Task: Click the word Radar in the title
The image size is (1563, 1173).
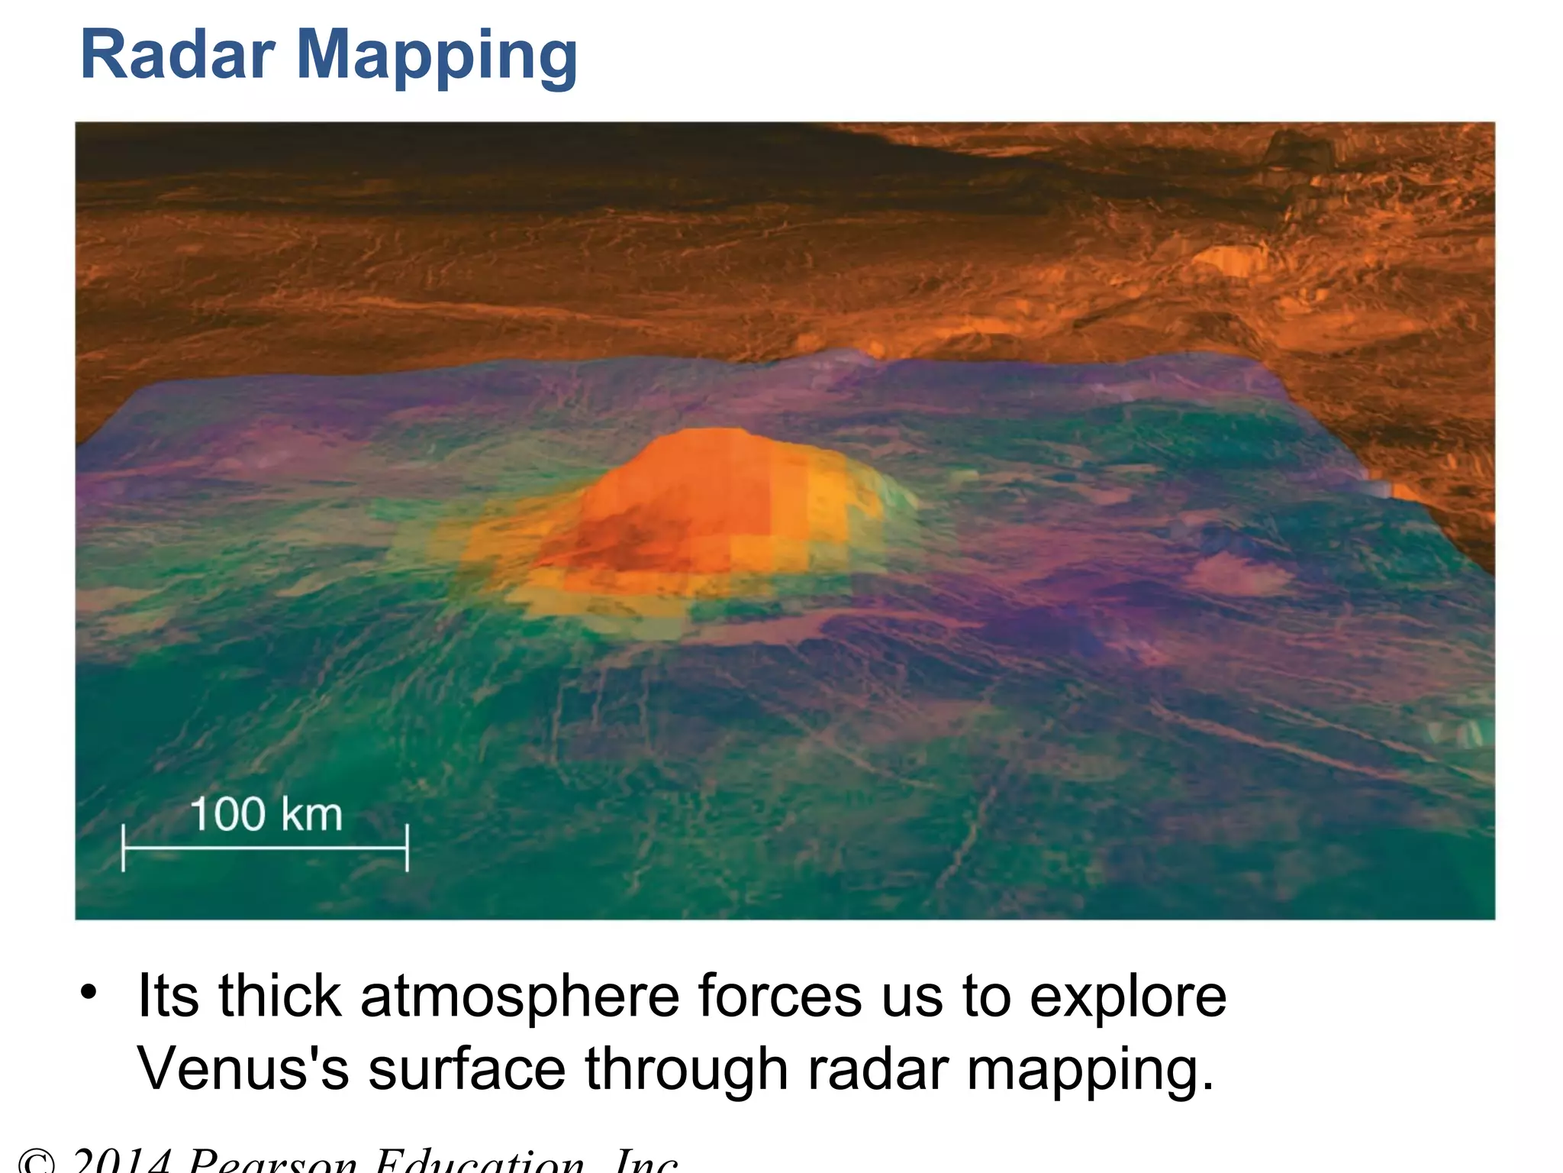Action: pos(177,55)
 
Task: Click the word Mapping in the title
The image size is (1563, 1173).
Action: pos(437,58)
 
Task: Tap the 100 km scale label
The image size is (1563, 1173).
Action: pos(266,814)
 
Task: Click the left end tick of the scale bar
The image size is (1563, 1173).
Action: pos(124,848)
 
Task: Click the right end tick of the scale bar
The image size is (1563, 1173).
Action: pos(408,848)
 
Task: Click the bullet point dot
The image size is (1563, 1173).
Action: pos(89,992)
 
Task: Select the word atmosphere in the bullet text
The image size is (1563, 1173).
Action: pos(520,997)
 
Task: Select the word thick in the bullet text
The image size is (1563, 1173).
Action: pos(279,997)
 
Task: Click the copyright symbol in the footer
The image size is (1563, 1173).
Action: pos(36,1162)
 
